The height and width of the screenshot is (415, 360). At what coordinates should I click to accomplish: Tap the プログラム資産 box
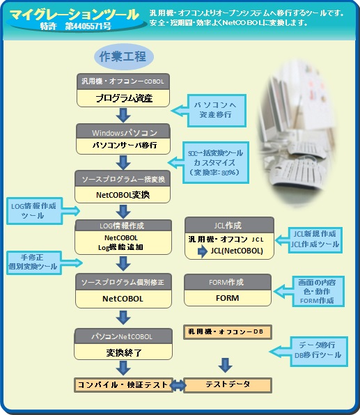[x=124, y=98]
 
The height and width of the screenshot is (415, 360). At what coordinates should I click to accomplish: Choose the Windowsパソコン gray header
[x=124, y=132]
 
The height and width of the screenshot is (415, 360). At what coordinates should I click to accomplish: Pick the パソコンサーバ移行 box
[x=124, y=146]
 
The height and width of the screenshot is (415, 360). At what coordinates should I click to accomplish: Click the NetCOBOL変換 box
[x=124, y=196]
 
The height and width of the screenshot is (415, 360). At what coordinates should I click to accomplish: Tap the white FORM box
[x=227, y=298]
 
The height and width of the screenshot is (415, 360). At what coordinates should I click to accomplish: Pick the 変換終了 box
[x=124, y=353]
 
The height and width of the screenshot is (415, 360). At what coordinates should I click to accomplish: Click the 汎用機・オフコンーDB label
[x=227, y=331]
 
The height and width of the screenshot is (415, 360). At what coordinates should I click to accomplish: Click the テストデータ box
[x=227, y=385]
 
